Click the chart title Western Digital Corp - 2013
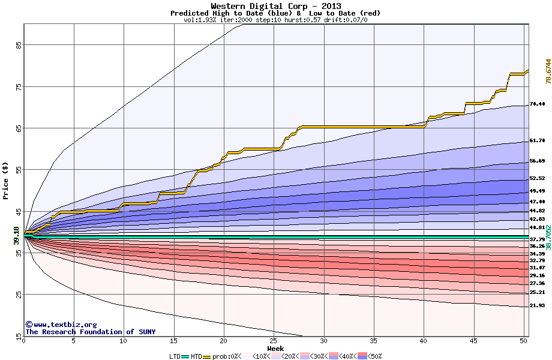(x=275, y=6)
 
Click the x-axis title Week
(x=275, y=348)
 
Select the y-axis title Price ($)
(x=5, y=181)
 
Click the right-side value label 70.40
(x=537, y=104)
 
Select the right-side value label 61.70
(x=537, y=140)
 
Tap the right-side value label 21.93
(x=537, y=305)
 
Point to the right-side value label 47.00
(x=537, y=202)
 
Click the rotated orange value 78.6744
(x=548, y=71)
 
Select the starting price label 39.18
(x=16, y=235)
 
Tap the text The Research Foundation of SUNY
(x=90, y=332)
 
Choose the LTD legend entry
(x=175, y=356)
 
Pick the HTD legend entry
(x=196, y=356)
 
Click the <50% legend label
(x=374, y=356)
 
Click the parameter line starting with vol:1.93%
(x=275, y=20)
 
